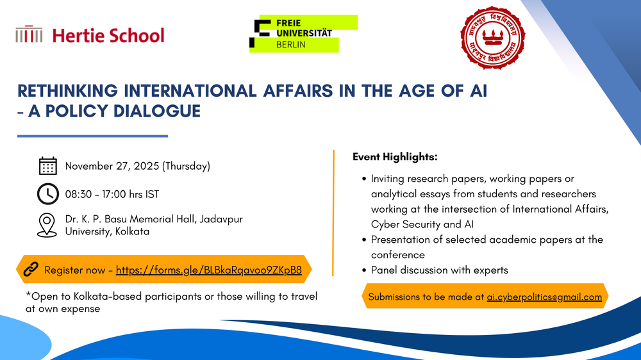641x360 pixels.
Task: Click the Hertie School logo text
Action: click(108, 35)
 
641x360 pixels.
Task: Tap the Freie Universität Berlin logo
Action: click(303, 33)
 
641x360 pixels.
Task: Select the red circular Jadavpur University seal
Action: click(492, 37)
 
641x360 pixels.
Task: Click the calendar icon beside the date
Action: click(48, 166)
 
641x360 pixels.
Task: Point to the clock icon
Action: click(48, 193)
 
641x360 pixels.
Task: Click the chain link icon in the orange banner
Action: click(31, 270)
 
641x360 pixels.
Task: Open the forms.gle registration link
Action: click(209, 270)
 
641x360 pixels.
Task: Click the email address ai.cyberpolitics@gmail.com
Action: click(544, 297)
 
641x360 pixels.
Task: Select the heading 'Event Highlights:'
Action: click(395, 157)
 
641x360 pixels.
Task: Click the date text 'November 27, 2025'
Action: click(112, 167)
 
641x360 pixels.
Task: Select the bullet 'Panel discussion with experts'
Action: click(439, 270)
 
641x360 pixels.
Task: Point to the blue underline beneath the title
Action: click(92, 136)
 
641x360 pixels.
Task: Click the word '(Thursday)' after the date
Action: click(186, 167)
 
